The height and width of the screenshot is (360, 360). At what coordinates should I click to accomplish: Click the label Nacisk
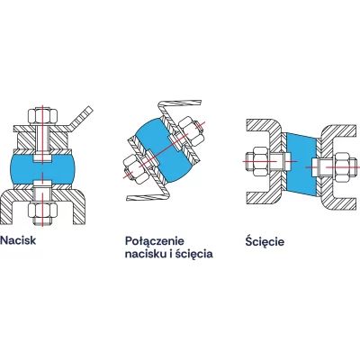click(x=18, y=240)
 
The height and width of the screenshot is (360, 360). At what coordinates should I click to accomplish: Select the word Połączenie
click(x=155, y=241)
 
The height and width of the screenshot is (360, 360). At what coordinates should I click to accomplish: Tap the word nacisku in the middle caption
click(x=145, y=254)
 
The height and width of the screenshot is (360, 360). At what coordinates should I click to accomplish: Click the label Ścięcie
click(x=265, y=241)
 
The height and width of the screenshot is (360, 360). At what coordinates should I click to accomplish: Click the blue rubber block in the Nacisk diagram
click(x=42, y=171)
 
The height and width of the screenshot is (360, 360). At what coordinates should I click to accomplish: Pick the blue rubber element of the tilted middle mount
click(x=162, y=150)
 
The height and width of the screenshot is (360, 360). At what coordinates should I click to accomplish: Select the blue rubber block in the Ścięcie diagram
click(x=301, y=164)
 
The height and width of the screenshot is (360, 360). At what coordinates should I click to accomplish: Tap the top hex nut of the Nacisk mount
click(x=42, y=116)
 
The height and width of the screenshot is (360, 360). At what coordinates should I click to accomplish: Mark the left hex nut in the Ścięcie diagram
click(x=260, y=161)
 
